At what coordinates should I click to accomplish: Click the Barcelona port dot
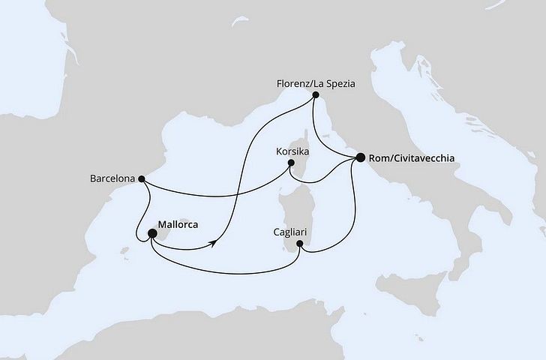point(141,179)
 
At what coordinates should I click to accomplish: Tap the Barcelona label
point(111,179)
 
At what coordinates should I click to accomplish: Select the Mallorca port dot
point(152,234)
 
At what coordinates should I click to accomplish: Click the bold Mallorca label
point(184,223)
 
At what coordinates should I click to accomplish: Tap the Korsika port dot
point(292,163)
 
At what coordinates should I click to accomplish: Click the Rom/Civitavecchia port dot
point(361,157)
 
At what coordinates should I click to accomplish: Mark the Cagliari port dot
point(300,243)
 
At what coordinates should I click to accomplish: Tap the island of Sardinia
point(292,214)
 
